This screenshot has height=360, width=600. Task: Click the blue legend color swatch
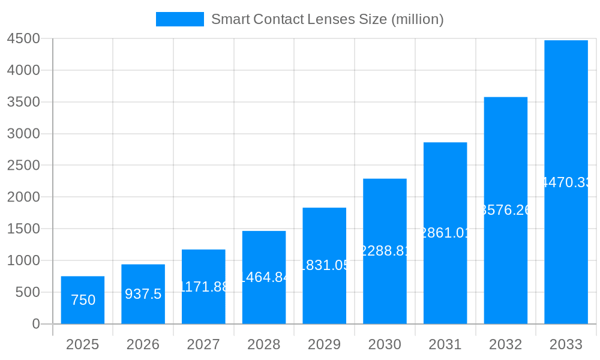point(179,19)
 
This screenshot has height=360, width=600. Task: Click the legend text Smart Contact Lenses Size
point(327,19)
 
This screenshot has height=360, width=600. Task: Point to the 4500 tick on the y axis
point(23,38)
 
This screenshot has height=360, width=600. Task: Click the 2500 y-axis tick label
point(23,165)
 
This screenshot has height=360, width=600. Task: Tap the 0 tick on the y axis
point(35,324)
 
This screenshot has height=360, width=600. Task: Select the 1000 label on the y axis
point(23,260)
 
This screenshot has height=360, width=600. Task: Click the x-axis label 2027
point(203,344)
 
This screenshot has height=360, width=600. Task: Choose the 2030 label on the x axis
point(385,344)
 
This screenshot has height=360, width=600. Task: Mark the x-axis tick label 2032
point(505,344)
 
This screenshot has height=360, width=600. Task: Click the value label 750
point(83,300)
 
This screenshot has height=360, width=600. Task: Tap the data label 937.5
point(143,294)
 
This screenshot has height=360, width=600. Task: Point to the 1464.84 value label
point(264,277)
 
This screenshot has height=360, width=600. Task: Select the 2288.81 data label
point(385,251)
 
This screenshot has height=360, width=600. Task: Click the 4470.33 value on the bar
point(566,182)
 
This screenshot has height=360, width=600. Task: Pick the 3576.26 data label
point(505,210)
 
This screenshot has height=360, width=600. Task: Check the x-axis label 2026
point(143,344)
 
